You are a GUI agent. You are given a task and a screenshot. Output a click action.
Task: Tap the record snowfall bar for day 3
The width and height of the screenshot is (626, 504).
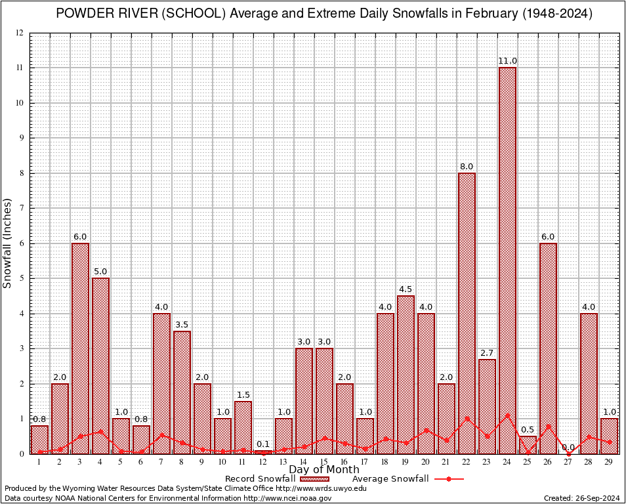coord(80,348)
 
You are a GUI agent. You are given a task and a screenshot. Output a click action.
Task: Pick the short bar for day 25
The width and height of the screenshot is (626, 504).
coord(528,443)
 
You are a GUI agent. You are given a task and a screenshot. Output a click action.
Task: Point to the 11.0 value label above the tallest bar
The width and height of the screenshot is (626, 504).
coord(507,61)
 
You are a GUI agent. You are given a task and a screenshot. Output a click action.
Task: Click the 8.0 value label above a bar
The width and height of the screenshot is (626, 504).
coord(467,167)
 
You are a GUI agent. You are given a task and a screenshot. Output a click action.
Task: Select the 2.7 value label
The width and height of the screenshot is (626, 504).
coord(487,353)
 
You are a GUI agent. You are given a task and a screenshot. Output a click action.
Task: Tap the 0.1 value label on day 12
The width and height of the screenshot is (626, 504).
coord(263,444)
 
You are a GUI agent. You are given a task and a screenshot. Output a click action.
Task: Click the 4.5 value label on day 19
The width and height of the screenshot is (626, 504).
coord(406,289)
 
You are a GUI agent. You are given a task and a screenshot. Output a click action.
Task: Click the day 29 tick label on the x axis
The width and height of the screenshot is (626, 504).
coord(609,463)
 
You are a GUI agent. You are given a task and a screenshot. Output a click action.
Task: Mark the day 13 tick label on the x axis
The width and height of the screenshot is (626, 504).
coord(283,463)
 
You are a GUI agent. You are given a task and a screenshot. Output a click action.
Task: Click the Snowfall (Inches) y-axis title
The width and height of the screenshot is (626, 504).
coord(8,243)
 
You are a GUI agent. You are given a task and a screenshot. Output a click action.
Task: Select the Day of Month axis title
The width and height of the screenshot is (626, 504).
coord(324,470)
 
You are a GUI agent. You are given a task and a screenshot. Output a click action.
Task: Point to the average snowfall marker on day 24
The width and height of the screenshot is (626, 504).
coord(507,415)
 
